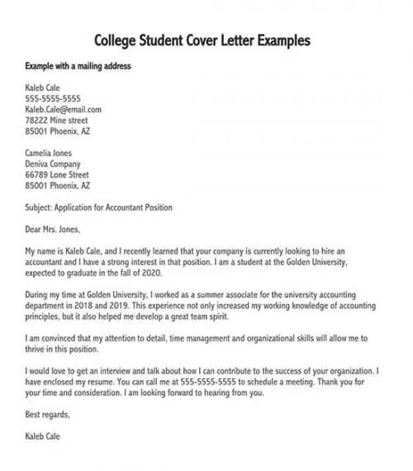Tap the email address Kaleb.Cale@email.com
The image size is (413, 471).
click(x=64, y=109)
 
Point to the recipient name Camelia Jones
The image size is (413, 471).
click(x=49, y=153)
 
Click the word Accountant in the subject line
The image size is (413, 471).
click(x=138, y=207)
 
